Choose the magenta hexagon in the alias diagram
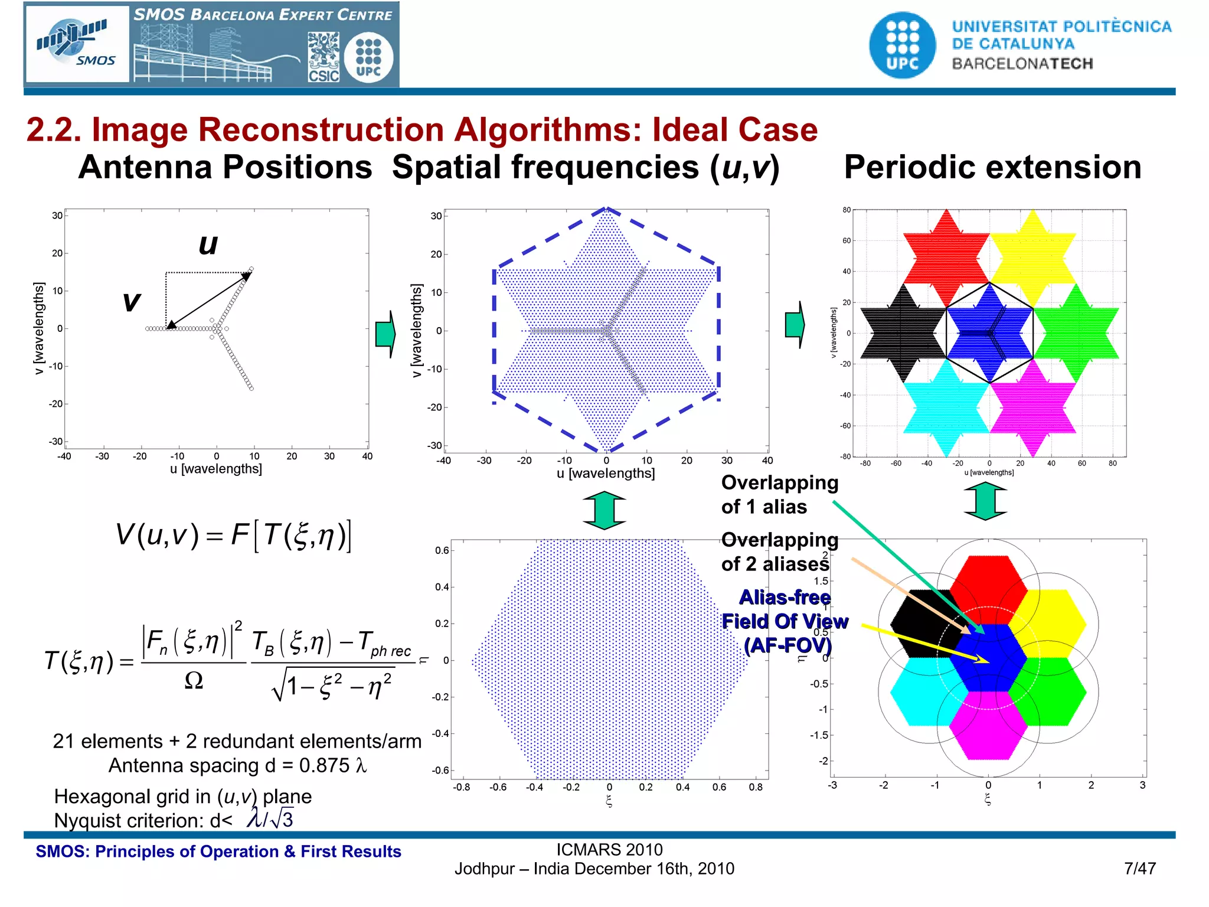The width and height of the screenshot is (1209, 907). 988,726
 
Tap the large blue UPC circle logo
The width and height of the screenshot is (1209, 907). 902,45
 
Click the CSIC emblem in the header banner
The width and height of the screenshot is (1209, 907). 324,57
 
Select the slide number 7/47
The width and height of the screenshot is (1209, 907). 1139,868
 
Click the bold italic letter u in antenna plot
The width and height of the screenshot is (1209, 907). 208,244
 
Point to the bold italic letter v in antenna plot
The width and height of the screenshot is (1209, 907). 131,301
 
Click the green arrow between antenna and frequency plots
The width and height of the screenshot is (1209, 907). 385,334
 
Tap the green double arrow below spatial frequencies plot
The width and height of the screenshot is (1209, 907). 604,510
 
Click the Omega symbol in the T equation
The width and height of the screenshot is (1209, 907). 194,681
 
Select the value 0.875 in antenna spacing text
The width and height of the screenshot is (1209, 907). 324,765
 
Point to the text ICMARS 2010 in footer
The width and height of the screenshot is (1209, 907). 609,849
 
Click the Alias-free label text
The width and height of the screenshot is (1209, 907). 785,597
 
